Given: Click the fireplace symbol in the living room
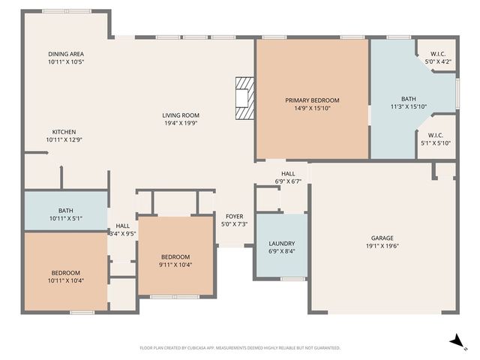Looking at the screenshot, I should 244,97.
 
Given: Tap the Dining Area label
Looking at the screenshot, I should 66,54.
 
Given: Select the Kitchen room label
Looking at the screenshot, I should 64,131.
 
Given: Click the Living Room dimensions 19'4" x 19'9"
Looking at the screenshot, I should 181,124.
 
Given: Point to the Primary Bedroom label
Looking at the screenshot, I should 311,100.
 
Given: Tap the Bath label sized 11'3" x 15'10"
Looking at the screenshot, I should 408,98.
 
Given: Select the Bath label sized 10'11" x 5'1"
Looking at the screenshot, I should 66,211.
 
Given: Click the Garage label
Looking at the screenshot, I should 382,237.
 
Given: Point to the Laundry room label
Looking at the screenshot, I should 282,243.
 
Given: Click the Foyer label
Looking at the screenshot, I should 234,216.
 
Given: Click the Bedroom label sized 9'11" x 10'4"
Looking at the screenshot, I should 175,256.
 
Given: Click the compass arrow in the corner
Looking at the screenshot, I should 454,341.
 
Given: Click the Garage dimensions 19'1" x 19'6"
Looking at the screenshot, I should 382,245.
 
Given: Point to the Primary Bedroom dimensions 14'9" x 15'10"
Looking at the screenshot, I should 311,108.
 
